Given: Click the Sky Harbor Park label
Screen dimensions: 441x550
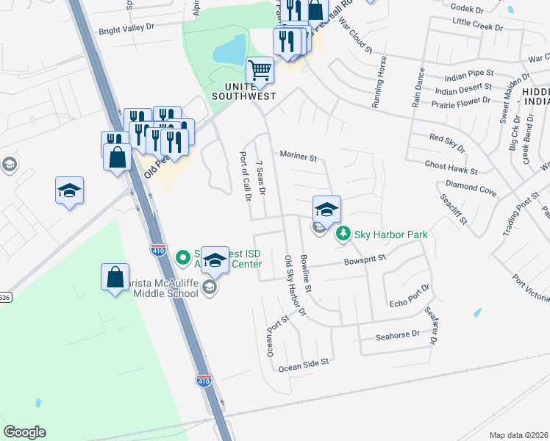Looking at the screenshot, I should (391, 234).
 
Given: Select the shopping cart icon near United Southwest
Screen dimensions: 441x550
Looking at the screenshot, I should (260, 71).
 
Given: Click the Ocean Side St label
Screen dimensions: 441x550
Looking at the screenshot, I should (302, 362).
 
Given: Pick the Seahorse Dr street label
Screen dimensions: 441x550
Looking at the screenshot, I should (397, 334).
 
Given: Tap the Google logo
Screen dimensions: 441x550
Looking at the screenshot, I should (24, 432).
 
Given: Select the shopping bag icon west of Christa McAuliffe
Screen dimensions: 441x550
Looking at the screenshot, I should (115, 277).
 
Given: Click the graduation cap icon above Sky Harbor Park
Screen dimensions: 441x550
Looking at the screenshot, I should (326, 209).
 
